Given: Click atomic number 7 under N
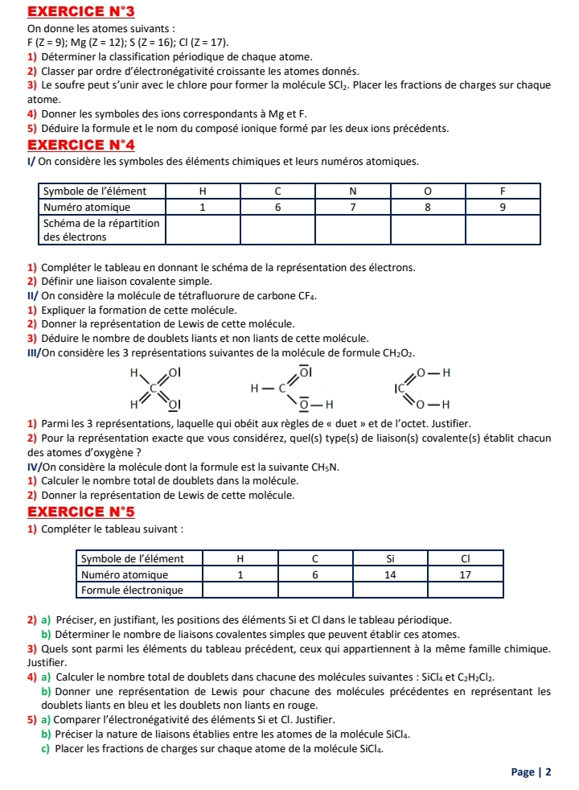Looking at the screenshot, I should tap(353, 206).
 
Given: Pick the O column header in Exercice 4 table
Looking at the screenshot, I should tap(428, 191).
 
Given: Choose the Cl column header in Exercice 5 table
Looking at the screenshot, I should tap(466, 558).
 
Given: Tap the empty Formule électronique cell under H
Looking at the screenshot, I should tap(240, 590).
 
